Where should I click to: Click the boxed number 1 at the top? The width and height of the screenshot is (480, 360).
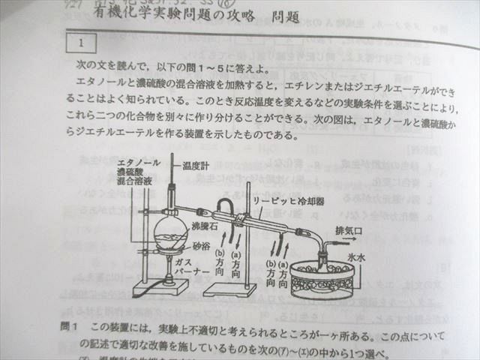point(80,43)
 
